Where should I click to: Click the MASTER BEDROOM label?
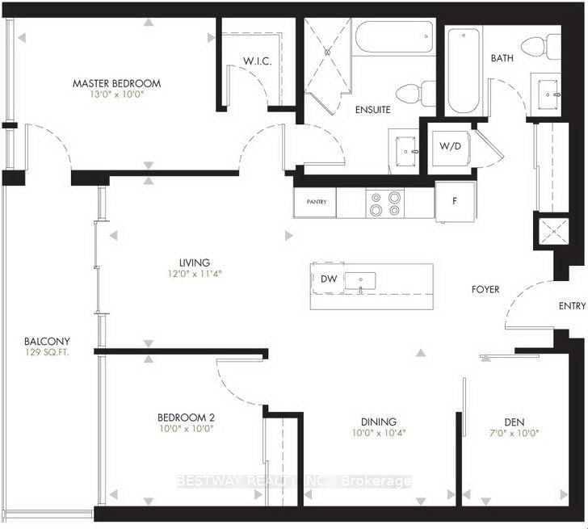[116, 83]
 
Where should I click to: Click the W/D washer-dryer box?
[450, 146]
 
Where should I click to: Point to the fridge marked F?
[454, 201]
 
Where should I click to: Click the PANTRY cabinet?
[316, 202]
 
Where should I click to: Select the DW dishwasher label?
[328, 279]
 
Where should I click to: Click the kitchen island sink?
[359, 281]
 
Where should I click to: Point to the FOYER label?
[485, 289]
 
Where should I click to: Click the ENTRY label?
[572, 306]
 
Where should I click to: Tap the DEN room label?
[514, 421]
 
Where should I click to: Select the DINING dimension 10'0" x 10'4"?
[379, 432]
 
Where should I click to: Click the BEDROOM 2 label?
[185, 418]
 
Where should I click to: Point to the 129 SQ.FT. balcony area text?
[47, 353]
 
